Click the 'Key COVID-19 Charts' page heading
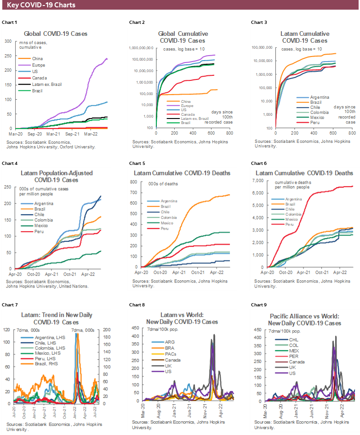41,5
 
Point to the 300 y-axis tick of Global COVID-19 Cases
8,41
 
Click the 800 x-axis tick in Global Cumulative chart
229,133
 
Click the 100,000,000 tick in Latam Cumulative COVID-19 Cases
261,47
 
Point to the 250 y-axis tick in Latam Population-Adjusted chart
8,187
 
